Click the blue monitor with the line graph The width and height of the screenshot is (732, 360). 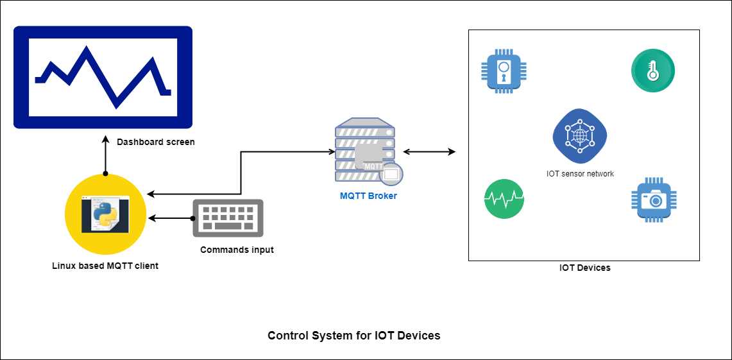(103, 77)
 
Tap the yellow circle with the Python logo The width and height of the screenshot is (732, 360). (105, 214)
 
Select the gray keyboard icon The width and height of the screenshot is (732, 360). (228, 218)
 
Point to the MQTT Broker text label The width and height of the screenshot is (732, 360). (368, 196)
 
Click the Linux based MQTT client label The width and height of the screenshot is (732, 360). (105, 266)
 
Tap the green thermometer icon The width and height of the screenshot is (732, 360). (653, 71)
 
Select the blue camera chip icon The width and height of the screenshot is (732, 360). (654, 200)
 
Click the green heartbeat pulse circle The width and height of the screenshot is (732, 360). (504, 199)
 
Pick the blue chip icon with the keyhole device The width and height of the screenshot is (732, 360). (504, 71)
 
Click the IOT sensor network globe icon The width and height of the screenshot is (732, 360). (580, 136)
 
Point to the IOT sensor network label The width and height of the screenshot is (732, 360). (580, 174)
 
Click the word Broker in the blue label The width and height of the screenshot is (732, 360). (383, 196)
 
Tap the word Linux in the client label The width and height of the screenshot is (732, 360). (63, 266)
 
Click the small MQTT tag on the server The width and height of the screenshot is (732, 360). (373, 166)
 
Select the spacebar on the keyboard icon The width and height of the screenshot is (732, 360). (228, 226)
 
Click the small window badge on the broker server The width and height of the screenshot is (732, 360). (391, 174)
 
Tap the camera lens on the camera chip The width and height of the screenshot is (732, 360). (656, 201)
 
